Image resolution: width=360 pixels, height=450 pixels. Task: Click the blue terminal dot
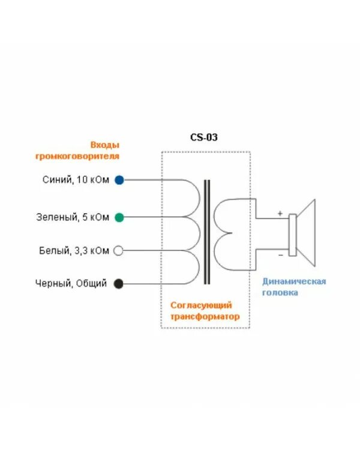pos(119,180)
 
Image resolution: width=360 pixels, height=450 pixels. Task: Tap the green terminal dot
pos(119,217)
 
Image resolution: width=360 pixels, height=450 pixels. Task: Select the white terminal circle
pos(119,251)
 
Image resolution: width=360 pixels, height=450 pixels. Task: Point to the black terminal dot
pos(119,283)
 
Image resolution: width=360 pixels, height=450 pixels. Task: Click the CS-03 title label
pos(204,137)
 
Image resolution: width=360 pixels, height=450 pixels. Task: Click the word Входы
pos(105,145)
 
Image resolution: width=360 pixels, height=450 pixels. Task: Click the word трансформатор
pos(205,316)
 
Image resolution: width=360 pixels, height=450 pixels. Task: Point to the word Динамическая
pos(294,281)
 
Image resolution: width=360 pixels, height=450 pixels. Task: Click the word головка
pos(280,293)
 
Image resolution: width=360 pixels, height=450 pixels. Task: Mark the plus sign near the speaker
pos(280,213)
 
